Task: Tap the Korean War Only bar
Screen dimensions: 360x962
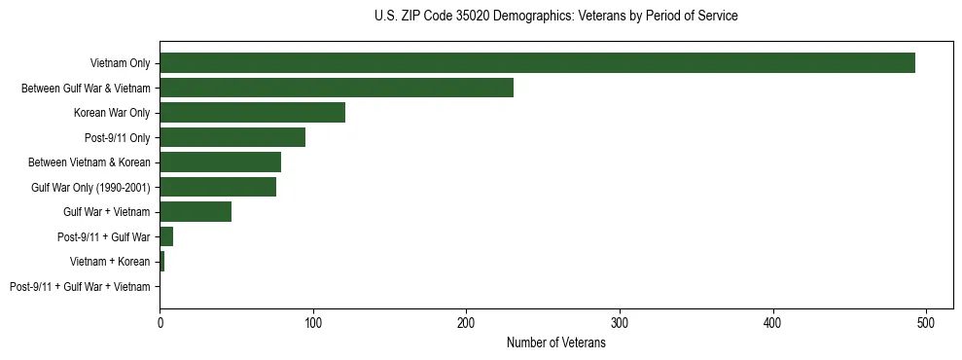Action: [252, 113]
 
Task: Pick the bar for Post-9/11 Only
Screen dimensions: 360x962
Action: [232, 137]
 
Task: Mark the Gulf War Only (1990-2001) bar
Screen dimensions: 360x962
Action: [218, 187]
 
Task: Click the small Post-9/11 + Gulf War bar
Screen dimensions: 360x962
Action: [166, 236]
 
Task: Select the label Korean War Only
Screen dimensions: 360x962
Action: [112, 113]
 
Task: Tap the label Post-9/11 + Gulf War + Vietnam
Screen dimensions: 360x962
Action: [80, 287]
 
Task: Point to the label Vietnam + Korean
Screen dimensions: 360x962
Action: [110, 262]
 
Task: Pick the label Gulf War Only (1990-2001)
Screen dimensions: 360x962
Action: [90, 187]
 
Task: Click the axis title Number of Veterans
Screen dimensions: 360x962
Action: [556, 342]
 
